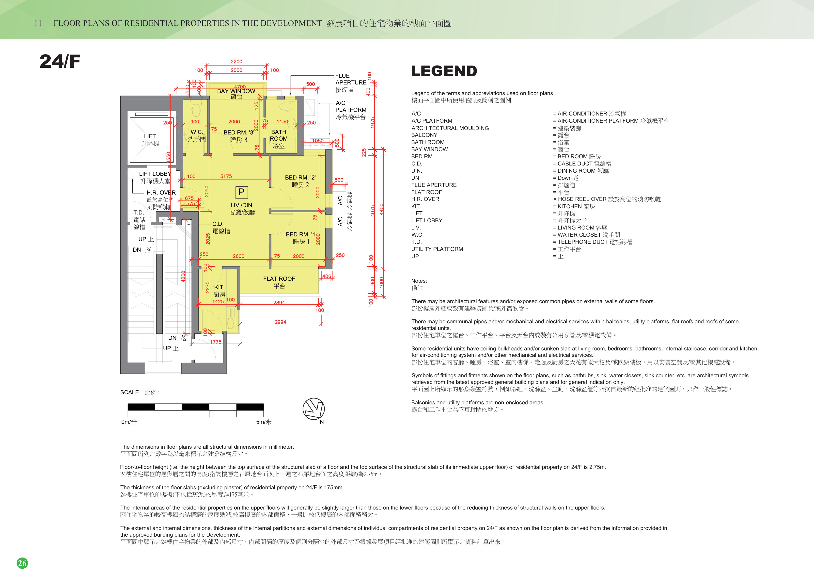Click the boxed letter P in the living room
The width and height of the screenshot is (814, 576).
click(241, 192)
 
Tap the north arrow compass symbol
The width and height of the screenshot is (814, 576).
click(313, 409)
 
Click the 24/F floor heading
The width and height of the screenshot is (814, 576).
click(60, 61)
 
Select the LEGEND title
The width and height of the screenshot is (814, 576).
click(444, 71)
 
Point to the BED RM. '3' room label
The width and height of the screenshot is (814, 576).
click(239, 132)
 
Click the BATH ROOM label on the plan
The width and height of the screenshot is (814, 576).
click(279, 135)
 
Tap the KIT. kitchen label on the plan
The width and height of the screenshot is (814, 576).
click(219, 287)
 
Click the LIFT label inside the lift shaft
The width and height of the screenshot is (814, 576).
click(150, 136)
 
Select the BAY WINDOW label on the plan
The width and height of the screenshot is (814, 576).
click(236, 91)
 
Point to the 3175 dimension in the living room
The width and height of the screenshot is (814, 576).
click(226, 176)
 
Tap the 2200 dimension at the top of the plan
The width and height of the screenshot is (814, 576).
click(236, 61)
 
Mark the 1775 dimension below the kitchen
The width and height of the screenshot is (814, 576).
click(216, 342)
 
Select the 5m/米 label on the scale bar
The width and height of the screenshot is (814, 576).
click(264, 422)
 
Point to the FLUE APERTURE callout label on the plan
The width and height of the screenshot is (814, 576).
click(351, 79)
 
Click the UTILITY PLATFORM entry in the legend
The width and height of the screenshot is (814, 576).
click(437, 249)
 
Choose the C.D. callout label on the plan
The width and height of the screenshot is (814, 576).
click(218, 224)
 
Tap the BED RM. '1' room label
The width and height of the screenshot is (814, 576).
click(301, 235)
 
